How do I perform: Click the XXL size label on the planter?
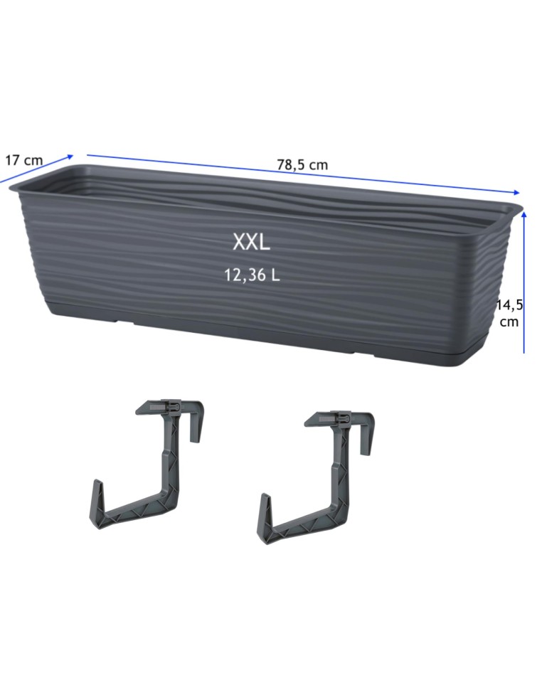pyautogui.click(x=251, y=242)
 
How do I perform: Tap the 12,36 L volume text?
pyautogui.click(x=253, y=275)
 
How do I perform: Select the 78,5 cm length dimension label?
pyautogui.click(x=302, y=165)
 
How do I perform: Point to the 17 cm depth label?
pyautogui.click(x=23, y=160)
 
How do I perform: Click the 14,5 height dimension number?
pyautogui.click(x=510, y=305)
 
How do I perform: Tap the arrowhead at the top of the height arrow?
pyautogui.click(x=524, y=214)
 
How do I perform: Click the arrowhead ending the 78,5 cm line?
pyautogui.click(x=516, y=192)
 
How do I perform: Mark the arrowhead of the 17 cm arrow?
pyautogui.click(x=70, y=157)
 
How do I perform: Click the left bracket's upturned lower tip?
pyautogui.click(x=97, y=483)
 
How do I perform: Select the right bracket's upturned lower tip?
pyautogui.click(x=265, y=497)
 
